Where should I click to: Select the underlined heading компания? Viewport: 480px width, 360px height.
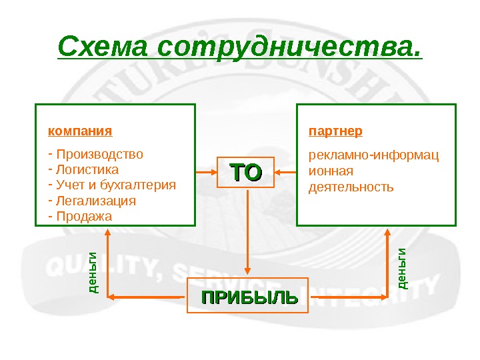80,130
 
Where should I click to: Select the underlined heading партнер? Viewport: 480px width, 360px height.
335,130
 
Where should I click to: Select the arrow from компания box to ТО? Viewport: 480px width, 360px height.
207,173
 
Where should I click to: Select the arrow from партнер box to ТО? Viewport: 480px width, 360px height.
286,173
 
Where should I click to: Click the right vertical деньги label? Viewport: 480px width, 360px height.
402,268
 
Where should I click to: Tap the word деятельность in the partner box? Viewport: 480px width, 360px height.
351,187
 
